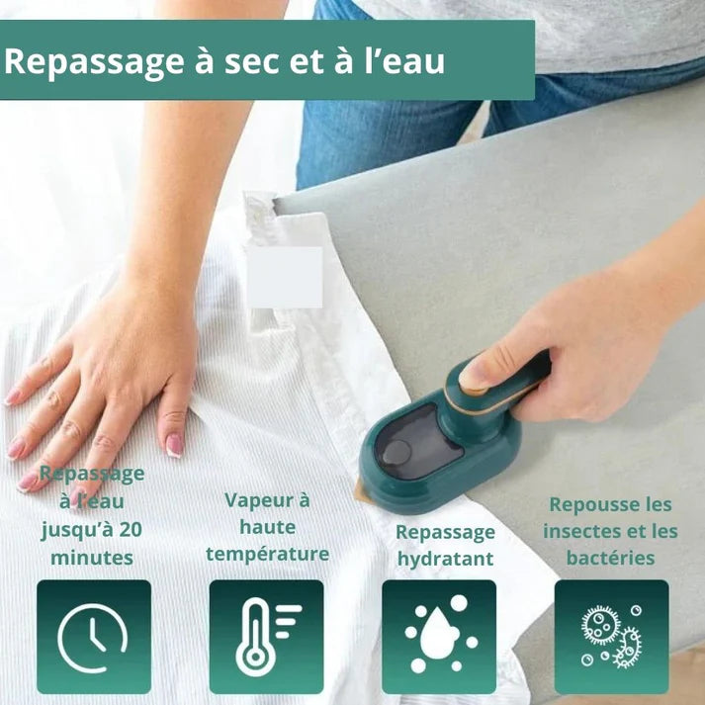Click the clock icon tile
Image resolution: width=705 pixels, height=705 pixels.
pos(94,637)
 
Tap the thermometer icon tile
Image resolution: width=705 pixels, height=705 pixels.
pos(267,637)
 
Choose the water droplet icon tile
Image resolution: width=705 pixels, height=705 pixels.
pos(439,637)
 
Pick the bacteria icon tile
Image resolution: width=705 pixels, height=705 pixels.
pos(611,637)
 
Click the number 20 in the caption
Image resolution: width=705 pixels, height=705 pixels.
pos(131,529)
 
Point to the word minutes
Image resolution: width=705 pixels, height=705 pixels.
pos(92,558)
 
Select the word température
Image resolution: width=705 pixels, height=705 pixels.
pos(268,554)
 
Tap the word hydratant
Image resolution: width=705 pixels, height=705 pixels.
pos(445,559)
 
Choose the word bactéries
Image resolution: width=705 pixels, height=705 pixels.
pos(611,558)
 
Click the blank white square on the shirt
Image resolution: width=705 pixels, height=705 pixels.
pos(285,277)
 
